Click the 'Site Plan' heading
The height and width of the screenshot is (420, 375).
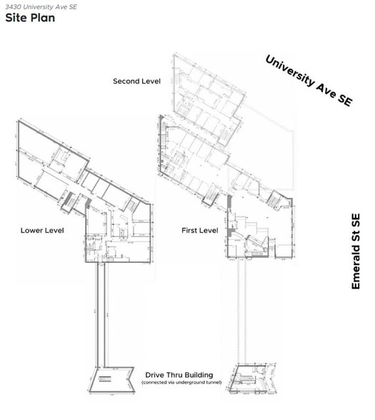click(29, 18)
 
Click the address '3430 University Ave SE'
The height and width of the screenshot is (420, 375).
click(41, 6)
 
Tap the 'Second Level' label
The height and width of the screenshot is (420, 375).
click(136, 81)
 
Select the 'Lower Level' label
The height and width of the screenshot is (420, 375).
click(42, 230)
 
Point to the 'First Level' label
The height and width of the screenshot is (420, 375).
click(199, 230)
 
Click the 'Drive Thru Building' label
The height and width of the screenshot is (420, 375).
click(179, 374)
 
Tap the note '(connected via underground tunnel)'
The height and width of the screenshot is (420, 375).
click(181, 383)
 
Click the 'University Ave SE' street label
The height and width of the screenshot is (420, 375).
click(309, 81)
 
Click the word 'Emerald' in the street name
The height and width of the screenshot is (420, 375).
click(356, 269)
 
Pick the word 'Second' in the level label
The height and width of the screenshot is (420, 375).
click(126, 81)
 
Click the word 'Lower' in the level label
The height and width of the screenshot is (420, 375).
click(33, 230)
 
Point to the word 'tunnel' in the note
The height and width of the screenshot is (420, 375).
click(212, 383)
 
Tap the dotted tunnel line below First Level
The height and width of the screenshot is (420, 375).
click(240, 314)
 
